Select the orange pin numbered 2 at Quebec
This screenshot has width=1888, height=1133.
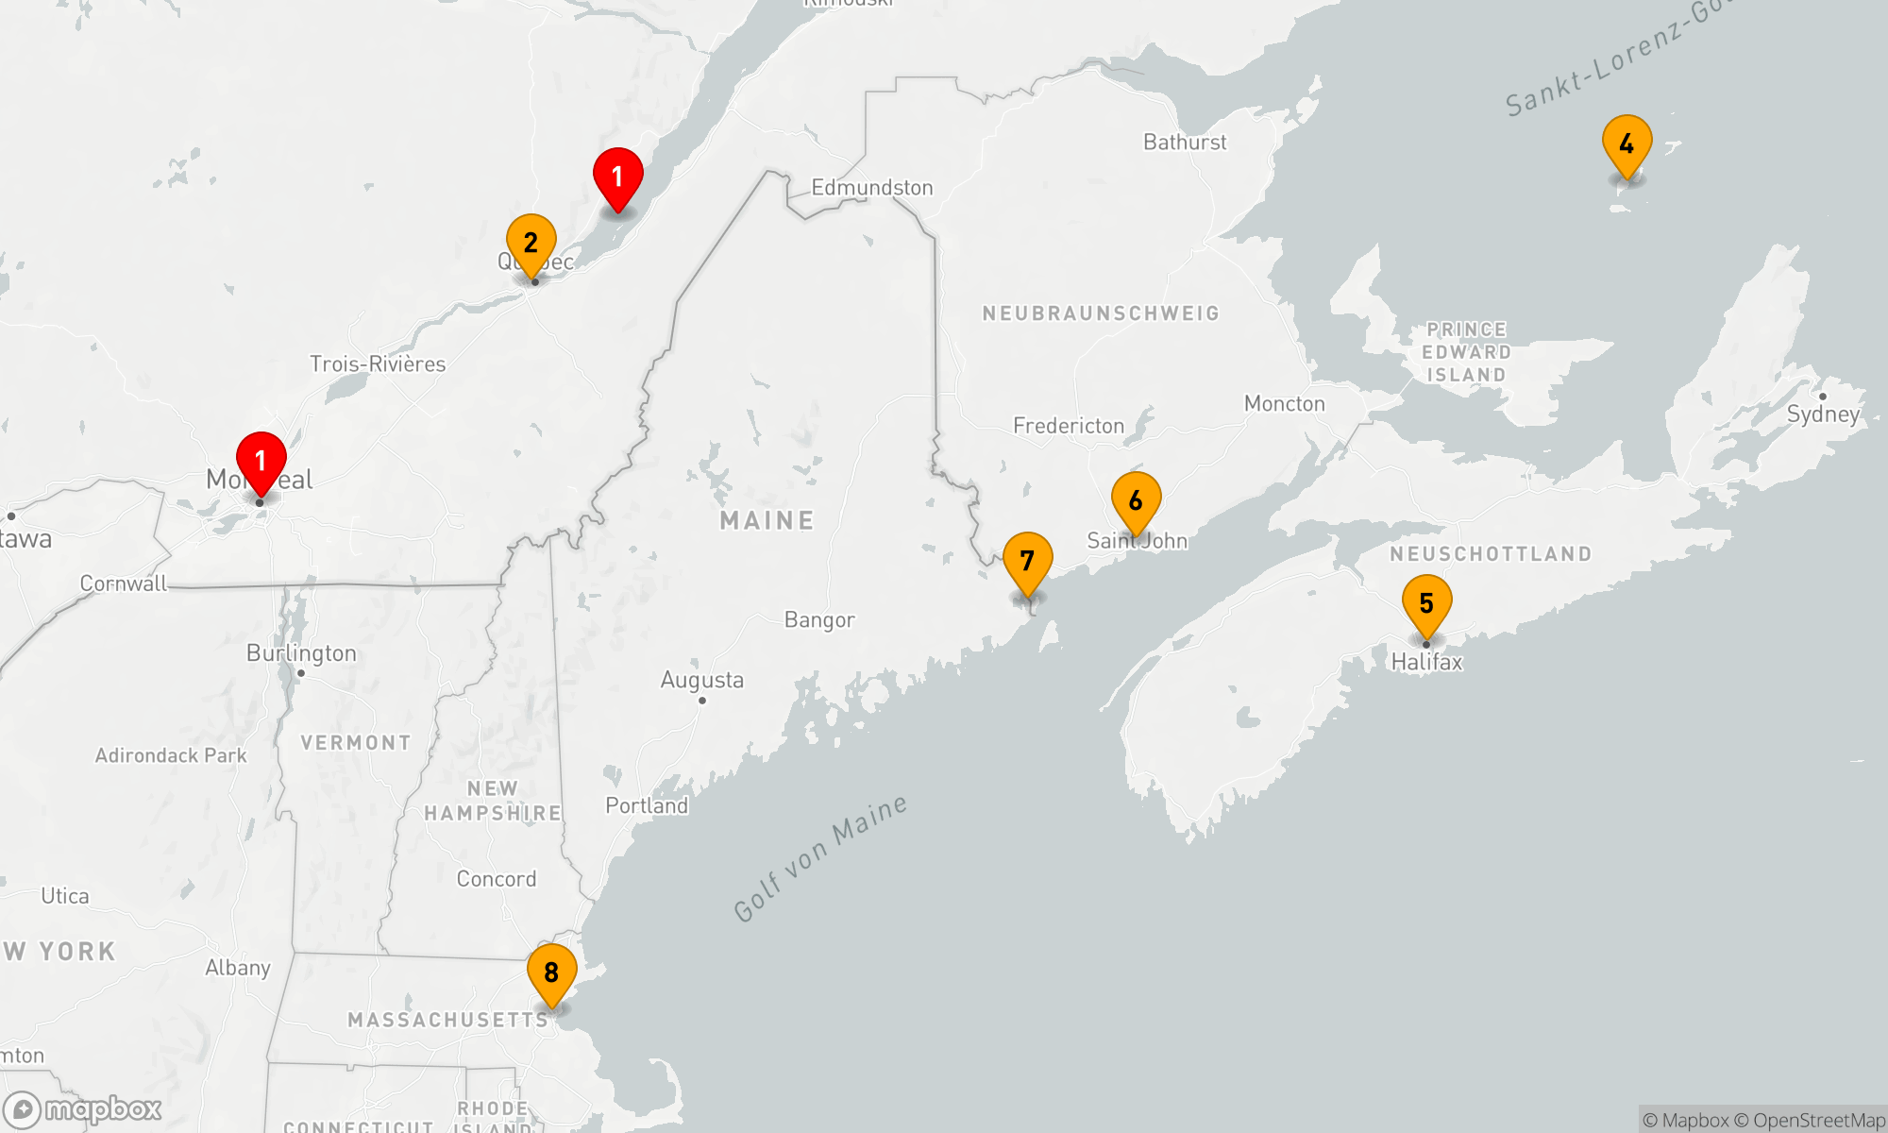click(x=531, y=243)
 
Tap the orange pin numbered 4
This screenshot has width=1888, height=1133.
click(x=1627, y=144)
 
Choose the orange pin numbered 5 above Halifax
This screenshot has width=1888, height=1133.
click(x=1426, y=603)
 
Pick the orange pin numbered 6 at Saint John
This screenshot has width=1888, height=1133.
click(x=1136, y=500)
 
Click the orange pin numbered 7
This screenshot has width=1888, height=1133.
click(x=1027, y=561)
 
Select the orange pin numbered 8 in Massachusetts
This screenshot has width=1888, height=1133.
click(x=551, y=972)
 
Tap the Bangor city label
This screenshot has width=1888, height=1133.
click(x=819, y=620)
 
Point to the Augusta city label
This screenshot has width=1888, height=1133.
click(x=701, y=680)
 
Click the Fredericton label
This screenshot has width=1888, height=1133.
click(x=1069, y=426)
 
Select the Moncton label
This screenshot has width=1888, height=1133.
click(x=1284, y=404)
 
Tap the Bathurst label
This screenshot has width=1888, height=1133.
click(x=1185, y=143)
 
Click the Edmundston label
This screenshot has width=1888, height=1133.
click(x=871, y=188)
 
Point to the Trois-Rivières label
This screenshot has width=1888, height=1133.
click(x=378, y=364)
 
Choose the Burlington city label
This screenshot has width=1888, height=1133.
click(x=301, y=653)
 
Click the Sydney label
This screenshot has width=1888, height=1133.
click(x=1823, y=414)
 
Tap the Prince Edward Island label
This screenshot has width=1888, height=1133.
click(x=1466, y=352)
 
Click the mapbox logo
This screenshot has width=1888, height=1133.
click(x=83, y=1109)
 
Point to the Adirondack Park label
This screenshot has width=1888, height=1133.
click(x=171, y=755)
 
